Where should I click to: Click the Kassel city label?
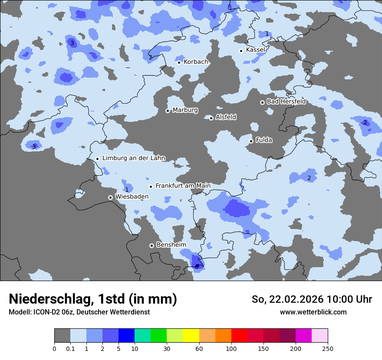click(255, 50)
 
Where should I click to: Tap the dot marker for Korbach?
click(179, 62)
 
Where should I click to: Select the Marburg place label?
click(185, 110)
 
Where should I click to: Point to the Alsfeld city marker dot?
click(211, 118)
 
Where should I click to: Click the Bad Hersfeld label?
click(286, 101)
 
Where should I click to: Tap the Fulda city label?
click(264, 140)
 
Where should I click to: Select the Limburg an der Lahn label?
click(133, 158)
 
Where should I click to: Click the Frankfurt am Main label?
click(183, 186)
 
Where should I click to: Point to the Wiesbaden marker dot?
click(110, 197)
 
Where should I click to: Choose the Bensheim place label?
click(171, 245)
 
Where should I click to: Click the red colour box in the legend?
click(239, 336)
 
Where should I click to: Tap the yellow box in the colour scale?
click(191, 336)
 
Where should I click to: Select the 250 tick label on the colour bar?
click(328, 348)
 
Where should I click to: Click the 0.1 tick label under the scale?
click(70, 348)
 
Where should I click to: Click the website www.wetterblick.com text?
click(313, 312)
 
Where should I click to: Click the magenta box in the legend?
click(303, 336)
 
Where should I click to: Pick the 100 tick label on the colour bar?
click(231, 348)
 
